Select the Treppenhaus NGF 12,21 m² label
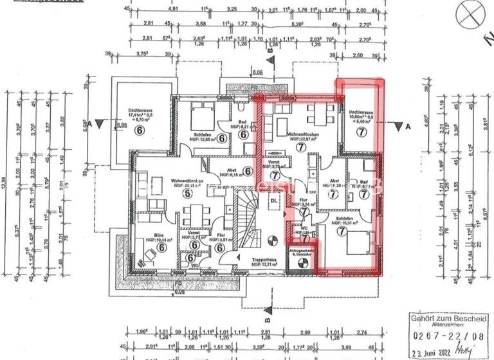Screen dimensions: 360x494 click(x=264, y=262)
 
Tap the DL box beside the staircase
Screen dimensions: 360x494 click(x=273, y=200)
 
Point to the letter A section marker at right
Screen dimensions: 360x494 click(x=408, y=127)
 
